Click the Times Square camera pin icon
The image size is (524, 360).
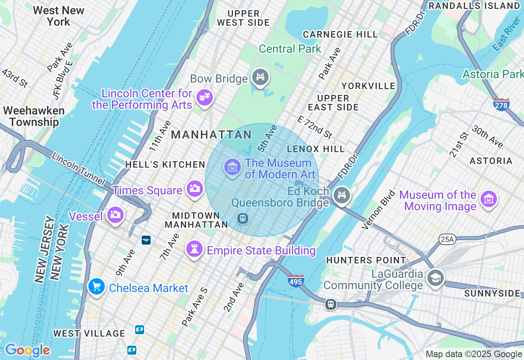pyautogui.click(x=195, y=189)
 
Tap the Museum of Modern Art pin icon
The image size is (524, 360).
pyautogui.click(x=233, y=167)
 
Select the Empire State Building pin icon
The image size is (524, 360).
pyautogui.click(x=194, y=249)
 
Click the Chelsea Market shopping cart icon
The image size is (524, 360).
pyautogui.click(x=97, y=286)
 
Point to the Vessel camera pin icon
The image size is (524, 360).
pyautogui.click(x=115, y=214)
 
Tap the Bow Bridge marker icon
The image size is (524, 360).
pyautogui.click(x=260, y=76)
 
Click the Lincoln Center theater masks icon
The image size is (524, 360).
pyautogui.click(x=204, y=97)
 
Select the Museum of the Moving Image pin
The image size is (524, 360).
pyautogui.click(x=489, y=199)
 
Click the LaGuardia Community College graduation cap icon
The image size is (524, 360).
pyautogui.click(x=435, y=278)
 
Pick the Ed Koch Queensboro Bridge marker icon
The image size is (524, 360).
pyautogui.click(x=341, y=195)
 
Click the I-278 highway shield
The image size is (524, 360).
pyautogui.click(x=501, y=105)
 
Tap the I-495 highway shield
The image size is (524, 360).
pyautogui.click(x=296, y=281)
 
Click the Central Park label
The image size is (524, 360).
pyautogui.click(x=290, y=49)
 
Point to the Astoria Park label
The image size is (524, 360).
pyautogui.click(x=493, y=74)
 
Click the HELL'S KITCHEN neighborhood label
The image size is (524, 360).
pyautogui.click(x=165, y=164)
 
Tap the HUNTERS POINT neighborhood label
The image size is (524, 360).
pyautogui.click(x=366, y=260)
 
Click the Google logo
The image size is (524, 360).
pyautogui.click(x=27, y=350)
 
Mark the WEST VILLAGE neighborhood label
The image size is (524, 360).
pyautogui.click(x=89, y=333)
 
